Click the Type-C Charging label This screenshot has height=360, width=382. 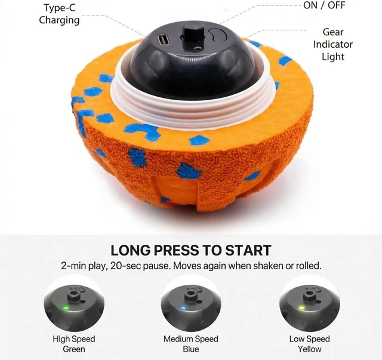(x=59, y=14)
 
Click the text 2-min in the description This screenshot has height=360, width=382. (x=75, y=266)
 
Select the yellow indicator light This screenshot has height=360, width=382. (x=302, y=308)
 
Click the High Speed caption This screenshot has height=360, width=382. (x=74, y=339)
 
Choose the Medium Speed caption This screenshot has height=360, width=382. (x=191, y=339)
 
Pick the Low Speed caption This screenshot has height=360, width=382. (x=309, y=339)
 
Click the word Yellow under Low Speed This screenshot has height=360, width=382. (x=309, y=349)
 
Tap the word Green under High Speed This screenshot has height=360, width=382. (x=74, y=349)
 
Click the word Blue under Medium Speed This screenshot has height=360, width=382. (x=191, y=349)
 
